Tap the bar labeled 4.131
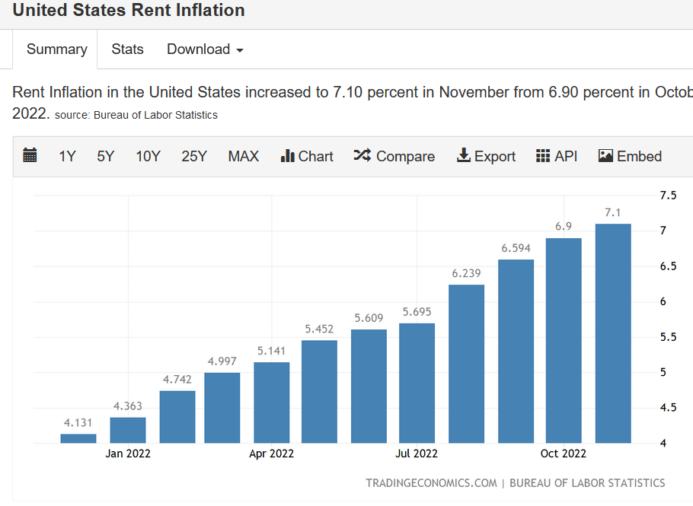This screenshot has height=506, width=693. [x=78, y=438]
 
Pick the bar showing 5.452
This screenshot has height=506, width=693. [x=319, y=391]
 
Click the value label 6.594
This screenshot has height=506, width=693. [x=516, y=248]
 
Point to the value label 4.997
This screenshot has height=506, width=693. [x=222, y=361]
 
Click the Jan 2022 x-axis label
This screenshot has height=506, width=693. [x=128, y=453]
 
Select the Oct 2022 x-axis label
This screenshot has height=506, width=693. [x=564, y=453]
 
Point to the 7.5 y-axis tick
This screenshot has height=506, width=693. [x=668, y=196]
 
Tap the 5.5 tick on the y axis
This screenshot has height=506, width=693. [x=668, y=337]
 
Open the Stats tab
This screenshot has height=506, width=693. [x=127, y=49]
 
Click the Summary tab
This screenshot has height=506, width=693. [x=56, y=49]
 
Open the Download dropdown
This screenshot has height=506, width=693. [x=205, y=49]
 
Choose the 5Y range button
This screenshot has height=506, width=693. [x=105, y=157]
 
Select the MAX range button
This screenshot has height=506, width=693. [x=243, y=157]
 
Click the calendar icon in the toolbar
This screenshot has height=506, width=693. [x=30, y=156]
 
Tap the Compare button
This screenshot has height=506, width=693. [x=394, y=157]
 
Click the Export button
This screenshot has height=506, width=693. [x=486, y=157]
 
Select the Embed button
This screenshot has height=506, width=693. [x=630, y=157]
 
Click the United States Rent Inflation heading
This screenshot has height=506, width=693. [x=129, y=11]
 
